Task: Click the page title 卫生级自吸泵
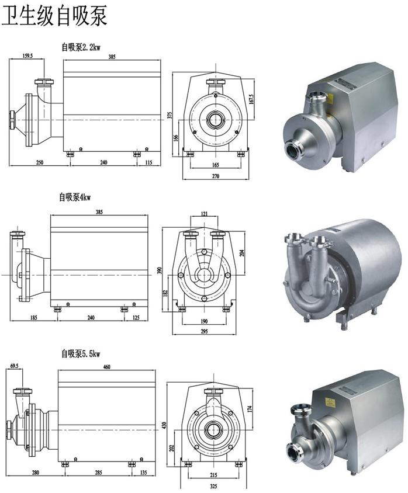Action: [x=54, y=15]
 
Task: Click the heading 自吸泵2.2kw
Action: [x=81, y=47]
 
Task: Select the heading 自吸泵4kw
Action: [x=75, y=197]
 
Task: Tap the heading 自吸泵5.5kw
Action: [x=81, y=354]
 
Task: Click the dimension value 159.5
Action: [x=27, y=55]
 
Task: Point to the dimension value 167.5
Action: [x=251, y=100]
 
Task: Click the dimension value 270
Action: [x=215, y=176]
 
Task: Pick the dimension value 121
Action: [x=204, y=214]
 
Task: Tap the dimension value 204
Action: [x=241, y=252]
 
